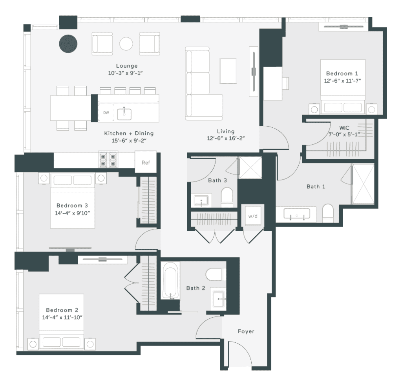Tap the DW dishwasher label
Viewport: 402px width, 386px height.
pos(106,113)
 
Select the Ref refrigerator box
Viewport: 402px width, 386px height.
pos(145,162)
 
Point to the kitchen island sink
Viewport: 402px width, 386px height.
pos(124,113)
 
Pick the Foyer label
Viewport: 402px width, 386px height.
pos(246,331)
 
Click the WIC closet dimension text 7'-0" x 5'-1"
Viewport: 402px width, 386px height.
pos(344,134)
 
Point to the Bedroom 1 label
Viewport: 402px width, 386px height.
pos(342,74)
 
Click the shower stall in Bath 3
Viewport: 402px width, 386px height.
pos(250,168)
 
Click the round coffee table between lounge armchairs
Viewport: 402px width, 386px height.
pos(126,44)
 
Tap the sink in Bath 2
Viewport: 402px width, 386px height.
pos(218,299)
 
